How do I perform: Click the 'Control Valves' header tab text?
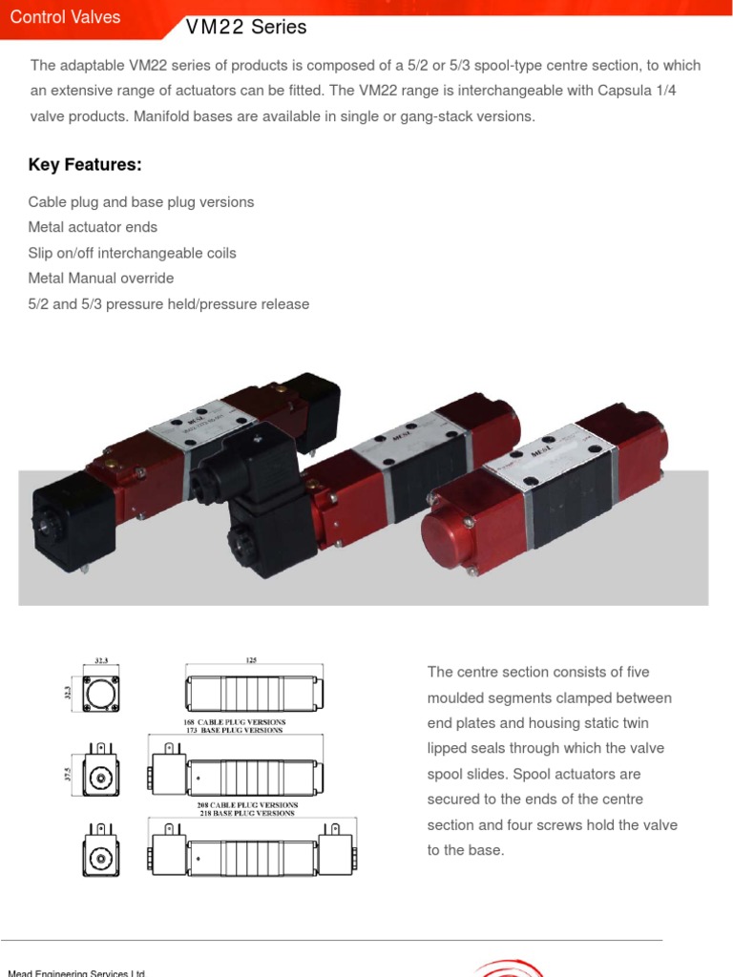65,18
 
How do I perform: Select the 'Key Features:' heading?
85,165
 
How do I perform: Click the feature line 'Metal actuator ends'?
93,227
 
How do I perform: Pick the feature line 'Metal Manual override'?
101,279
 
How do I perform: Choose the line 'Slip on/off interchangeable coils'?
132,253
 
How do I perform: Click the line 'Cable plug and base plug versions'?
141,202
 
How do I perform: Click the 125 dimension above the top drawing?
251,659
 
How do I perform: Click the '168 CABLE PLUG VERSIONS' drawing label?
234,722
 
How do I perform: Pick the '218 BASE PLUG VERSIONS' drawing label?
247,814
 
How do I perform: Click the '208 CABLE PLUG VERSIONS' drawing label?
247,805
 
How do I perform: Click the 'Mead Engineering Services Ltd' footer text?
76,972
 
